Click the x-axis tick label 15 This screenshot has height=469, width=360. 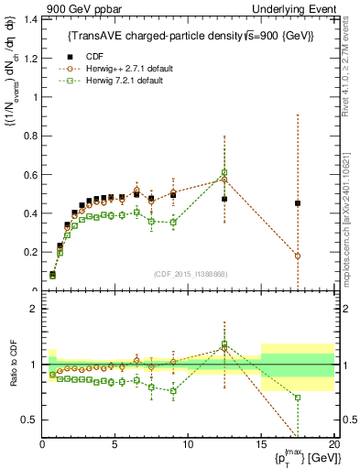(261, 444)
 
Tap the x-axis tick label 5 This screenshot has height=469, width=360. (115, 444)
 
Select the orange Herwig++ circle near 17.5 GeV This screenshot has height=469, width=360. (298, 256)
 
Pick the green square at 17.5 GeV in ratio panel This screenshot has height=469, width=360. (298, 398)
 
